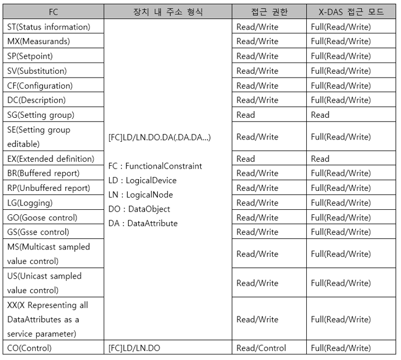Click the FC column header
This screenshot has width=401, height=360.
click(53, 12)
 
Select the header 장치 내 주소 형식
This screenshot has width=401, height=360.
click(168, 12)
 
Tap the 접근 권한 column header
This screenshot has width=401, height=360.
click(269, 12)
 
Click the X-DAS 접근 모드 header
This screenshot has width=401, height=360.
click(351, 12)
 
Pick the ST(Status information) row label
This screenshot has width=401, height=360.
click(49, 27)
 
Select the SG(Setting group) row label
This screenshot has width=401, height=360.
click(41, 115)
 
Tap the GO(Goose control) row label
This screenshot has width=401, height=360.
click(42, 218)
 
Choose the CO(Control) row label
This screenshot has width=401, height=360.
click(30, 348)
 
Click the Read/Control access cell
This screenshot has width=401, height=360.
click(261, 348)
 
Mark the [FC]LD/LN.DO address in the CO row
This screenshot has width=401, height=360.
click(134, 348)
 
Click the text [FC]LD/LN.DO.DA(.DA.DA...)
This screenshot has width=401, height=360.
click(160, 137)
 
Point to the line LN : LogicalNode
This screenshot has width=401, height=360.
click(141, 195)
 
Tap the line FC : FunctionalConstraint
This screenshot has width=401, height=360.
click(155, 166)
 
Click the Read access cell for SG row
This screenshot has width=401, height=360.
click(245, 115)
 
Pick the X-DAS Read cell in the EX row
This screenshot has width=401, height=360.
click(320, 159)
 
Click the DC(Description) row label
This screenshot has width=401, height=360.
click(36, 100)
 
